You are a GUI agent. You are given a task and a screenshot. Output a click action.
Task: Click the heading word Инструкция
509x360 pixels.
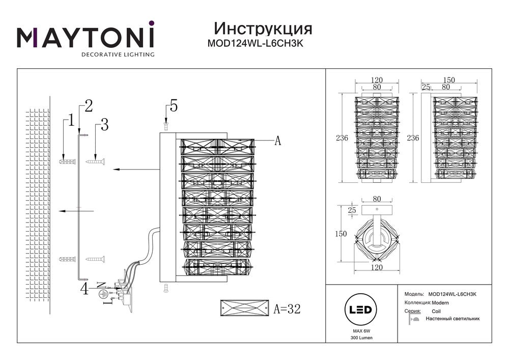point(263,27)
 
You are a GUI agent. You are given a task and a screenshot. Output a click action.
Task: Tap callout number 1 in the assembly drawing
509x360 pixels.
point(71,120)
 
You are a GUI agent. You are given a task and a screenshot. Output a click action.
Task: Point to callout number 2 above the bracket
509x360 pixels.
point(89,106)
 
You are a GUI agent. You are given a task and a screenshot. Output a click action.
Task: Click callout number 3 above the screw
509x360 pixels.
point(105,124)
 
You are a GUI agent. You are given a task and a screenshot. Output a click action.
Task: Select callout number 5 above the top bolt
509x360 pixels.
point(174,106)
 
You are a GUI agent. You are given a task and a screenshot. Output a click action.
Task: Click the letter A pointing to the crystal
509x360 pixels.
point(277,142)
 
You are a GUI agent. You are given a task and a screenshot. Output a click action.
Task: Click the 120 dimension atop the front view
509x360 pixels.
point(377,80)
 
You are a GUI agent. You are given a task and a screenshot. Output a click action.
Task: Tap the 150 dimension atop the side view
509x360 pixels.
point(448,80)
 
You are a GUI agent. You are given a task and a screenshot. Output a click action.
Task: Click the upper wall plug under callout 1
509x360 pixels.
point(67,162)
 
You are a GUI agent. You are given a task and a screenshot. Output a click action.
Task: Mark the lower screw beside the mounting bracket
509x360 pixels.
point(95,259)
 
